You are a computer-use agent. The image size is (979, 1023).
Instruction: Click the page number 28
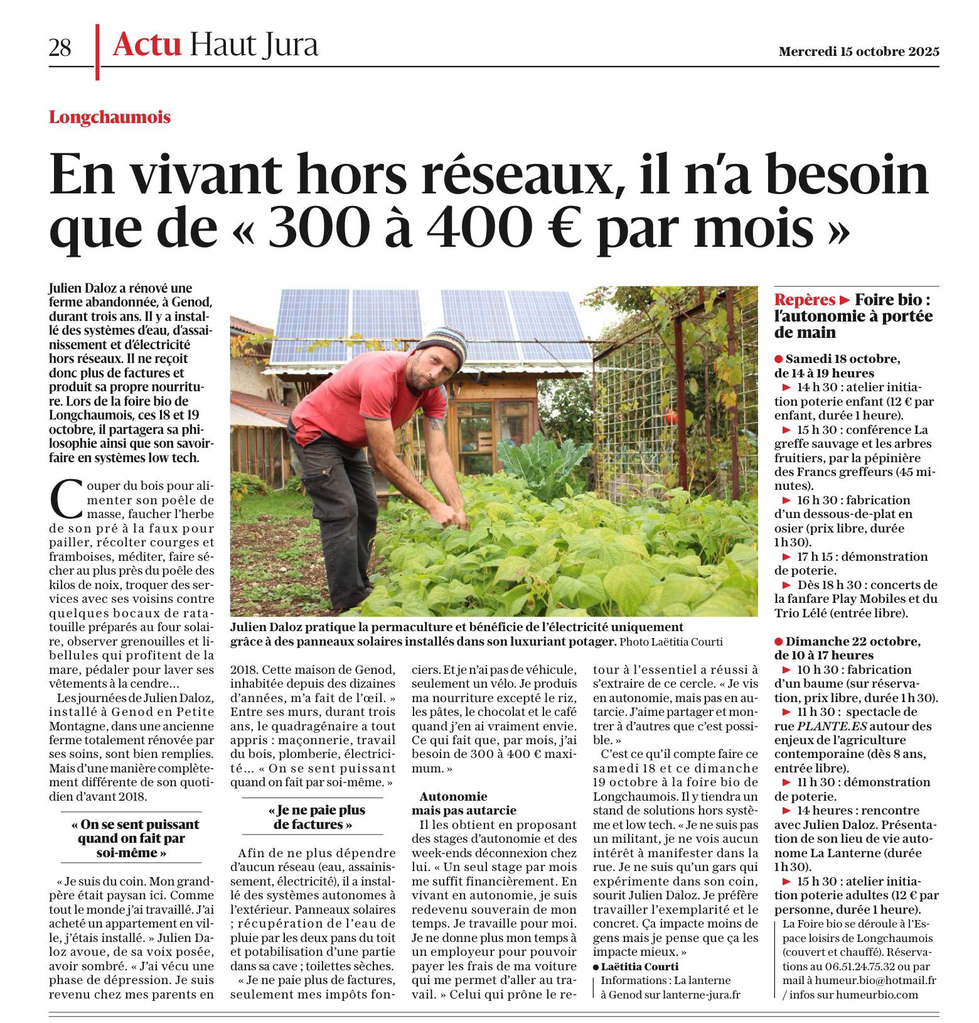(x=60, y=48)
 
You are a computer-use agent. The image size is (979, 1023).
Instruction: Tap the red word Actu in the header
(x=147, y=45)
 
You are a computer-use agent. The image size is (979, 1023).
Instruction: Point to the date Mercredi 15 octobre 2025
(x=859, y=51)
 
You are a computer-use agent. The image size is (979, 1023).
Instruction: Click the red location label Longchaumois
(x=110, y=117)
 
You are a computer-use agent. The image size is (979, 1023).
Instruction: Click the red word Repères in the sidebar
(x=804, y=300)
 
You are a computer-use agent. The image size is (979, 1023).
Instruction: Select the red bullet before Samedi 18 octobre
(x=779, y=359)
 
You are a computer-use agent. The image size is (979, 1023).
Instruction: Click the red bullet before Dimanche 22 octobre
(x=779, y=641)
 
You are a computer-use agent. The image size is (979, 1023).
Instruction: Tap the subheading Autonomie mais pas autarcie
(x=464, y=803)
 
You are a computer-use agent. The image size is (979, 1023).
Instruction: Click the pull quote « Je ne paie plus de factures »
(x=313, y=817)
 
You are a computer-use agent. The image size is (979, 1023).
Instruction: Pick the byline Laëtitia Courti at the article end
(x=639, y=966)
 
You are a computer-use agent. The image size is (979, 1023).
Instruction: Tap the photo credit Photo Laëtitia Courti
(x=671, y=642)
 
